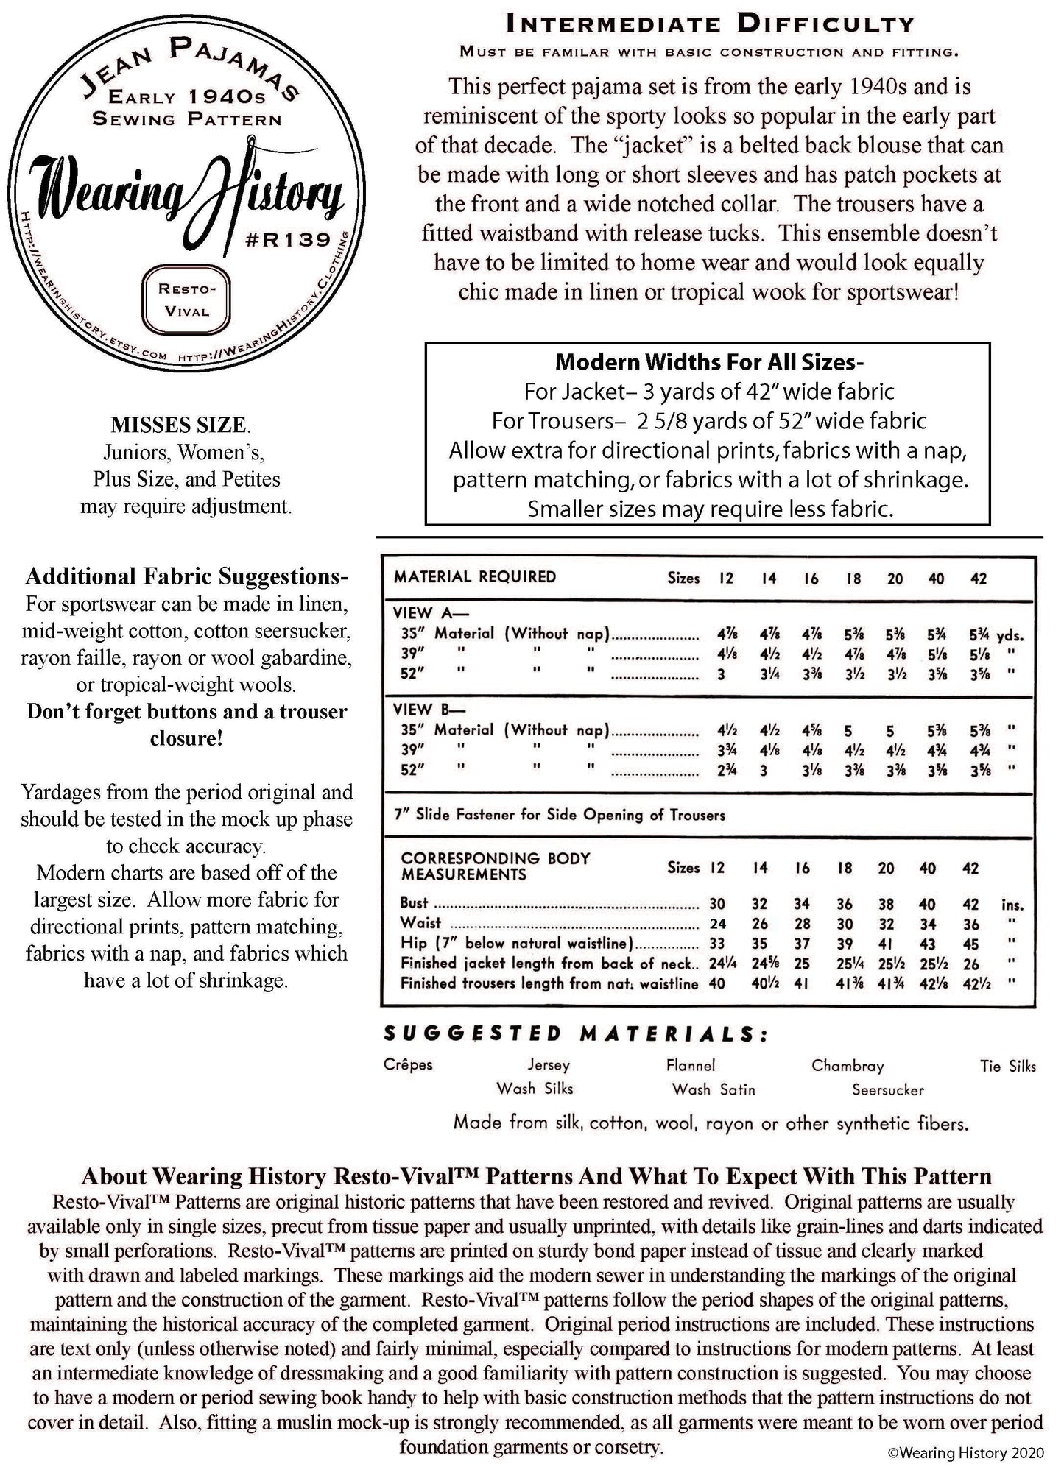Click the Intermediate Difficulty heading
click(x=710, y=24)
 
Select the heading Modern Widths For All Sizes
click(x=708, y=362)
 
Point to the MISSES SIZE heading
click(x=180, y=425)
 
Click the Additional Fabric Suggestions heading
click(x=186, y=576)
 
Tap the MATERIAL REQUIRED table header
click(x=475, y=577)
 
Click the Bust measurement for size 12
click(x=717, y=905)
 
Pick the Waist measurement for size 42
click(x=971, y=925)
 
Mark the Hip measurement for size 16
click(x=803, y=944)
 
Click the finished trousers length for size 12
click(x=717, y=983)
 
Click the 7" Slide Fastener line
click(x=560, y=815)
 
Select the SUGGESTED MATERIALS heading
click(x=576, y=1034)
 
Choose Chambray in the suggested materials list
click(x=848, y=1066)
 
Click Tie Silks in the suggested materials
click(x=1007, y=1066)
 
